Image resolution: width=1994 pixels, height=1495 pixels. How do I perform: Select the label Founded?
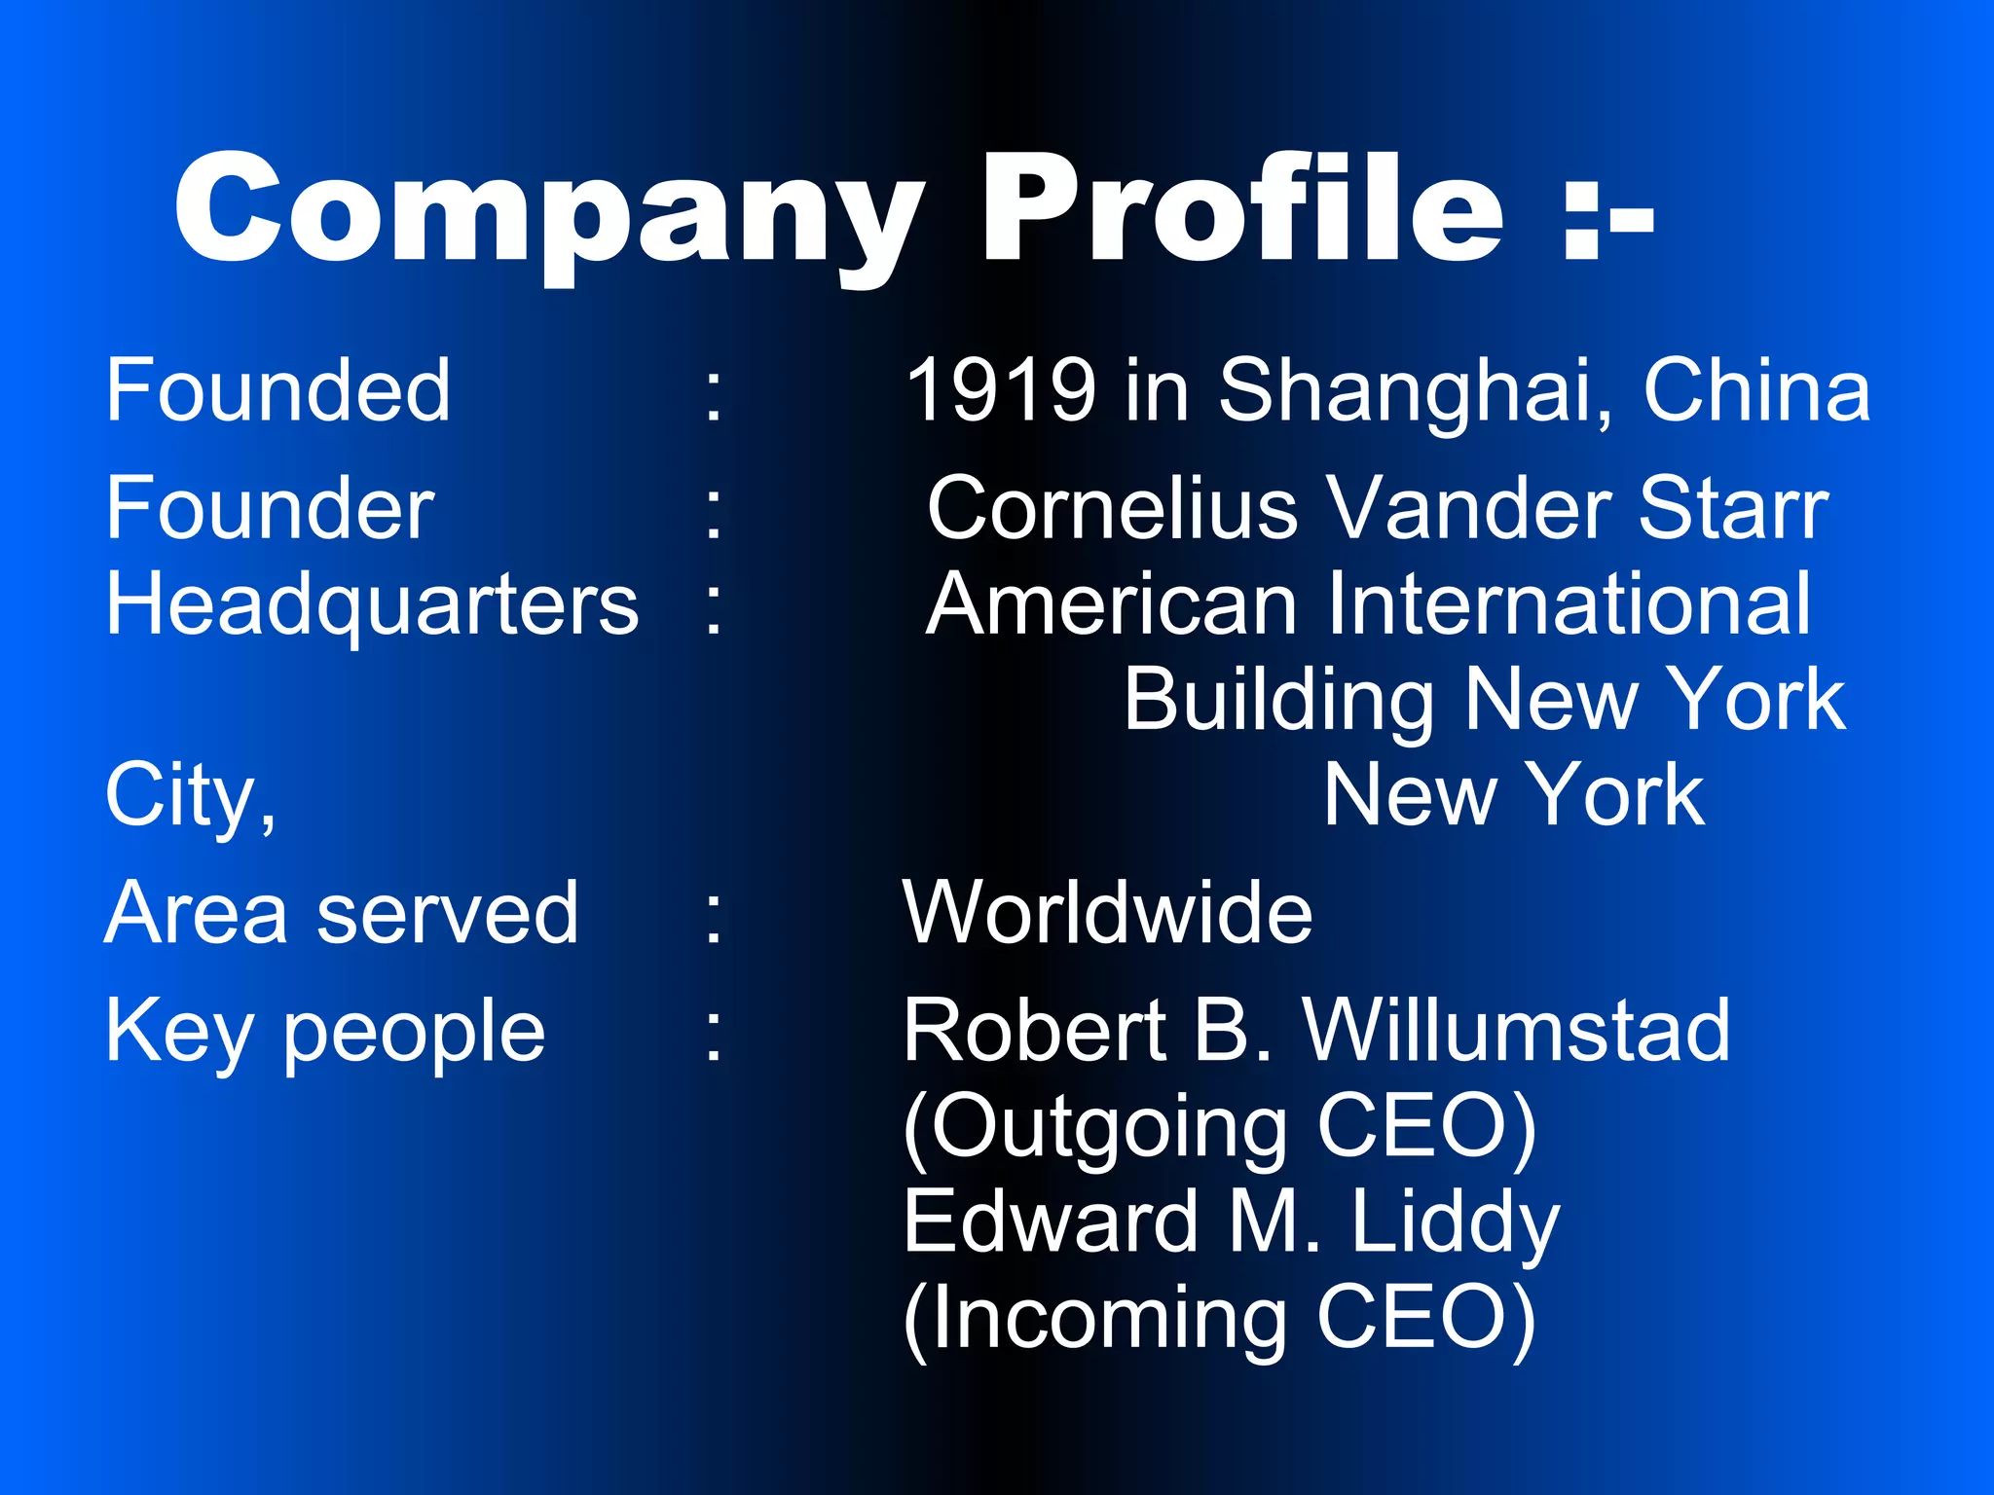point(278,390)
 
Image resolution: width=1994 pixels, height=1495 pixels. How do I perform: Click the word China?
point(1756,390)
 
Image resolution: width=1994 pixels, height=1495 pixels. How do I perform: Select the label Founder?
point(270,508)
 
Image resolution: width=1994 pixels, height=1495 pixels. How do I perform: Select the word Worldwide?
point(1108,913)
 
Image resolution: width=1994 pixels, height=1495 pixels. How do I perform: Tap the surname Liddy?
point(1455,1222)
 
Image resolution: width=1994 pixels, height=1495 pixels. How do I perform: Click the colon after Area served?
point(714,915)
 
